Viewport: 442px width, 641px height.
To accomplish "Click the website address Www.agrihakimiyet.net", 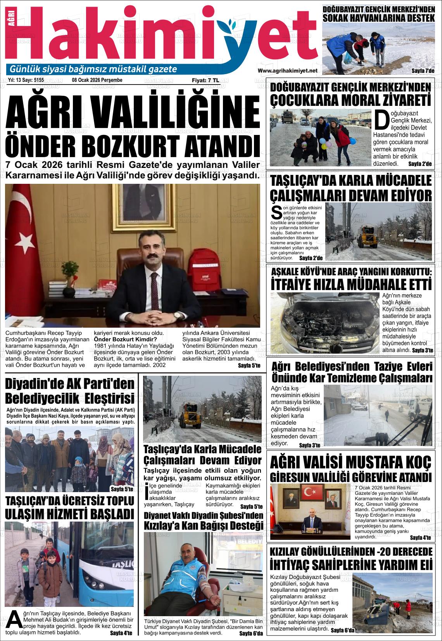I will tap(287, 71).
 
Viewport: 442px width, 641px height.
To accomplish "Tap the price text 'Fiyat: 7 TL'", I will tap(205, 80).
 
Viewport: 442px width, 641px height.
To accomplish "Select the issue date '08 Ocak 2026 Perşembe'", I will tap(97, 80).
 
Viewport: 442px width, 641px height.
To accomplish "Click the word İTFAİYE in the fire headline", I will tap(298, 285).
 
